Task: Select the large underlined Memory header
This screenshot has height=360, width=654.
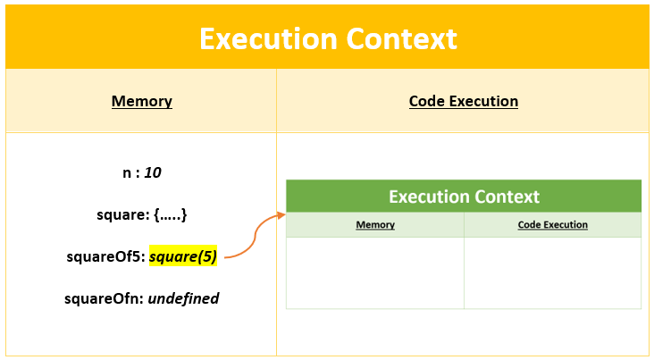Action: pyautogui.click(x=141, y=101)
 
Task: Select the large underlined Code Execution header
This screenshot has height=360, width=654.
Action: pyautogui.click(x=463, y=101)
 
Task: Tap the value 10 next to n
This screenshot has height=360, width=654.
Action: pyautogui.click(x=152, y=172)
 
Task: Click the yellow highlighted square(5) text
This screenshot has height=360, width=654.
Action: pyautogui.click(x=183, y=257)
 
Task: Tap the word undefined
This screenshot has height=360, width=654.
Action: pyautogui.click(x=183, y=298)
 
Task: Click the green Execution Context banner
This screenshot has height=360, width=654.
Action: pyautogui.click(x=464, y=197)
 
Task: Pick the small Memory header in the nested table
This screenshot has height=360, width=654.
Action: pyautogui.click(x=374, y=225)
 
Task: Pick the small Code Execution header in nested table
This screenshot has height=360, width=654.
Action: pyautogui.click(x=552, y=225)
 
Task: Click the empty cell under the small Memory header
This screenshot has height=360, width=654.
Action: pyautogui.click(x=374, y=272)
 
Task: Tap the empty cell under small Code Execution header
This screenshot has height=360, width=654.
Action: pyautogui.click(x=552, y=272)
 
